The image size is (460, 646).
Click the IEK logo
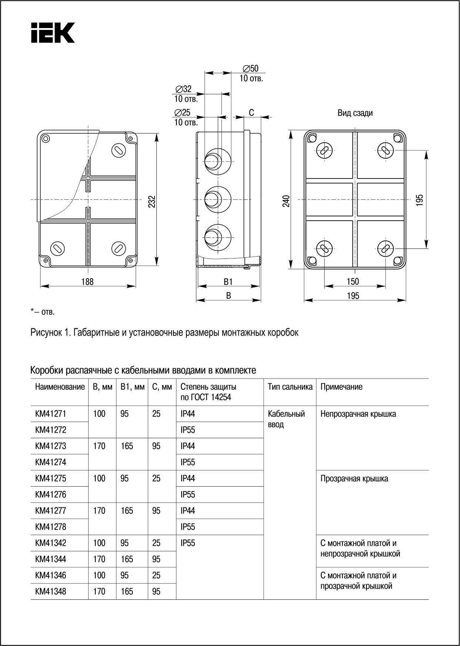(x=53, y=33)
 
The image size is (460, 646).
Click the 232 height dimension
(x=152, y=201)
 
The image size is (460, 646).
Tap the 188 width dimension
(x=88, y=282)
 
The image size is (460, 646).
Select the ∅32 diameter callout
(x=184, y=89)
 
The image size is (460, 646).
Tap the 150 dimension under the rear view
(x=353, y=281)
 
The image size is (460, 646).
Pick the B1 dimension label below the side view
(x=228, y=282)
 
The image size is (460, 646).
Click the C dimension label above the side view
(x=251, y=113)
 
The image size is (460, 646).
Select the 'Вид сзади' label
(x=355, y=113)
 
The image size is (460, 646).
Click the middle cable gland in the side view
(x=217, y=199)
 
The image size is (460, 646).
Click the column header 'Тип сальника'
(x=290, y=387)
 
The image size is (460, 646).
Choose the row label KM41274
(x=51, y=462)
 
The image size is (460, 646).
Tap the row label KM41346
(x=51, y=575)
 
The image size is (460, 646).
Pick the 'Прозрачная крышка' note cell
(x=354, y=478)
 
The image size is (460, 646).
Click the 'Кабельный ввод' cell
(x=286, y=419)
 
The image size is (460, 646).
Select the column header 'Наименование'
(x=60, y=387)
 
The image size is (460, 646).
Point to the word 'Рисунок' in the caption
(x=46, y=332)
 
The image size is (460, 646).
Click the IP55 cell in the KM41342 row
(x=188, y=543)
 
